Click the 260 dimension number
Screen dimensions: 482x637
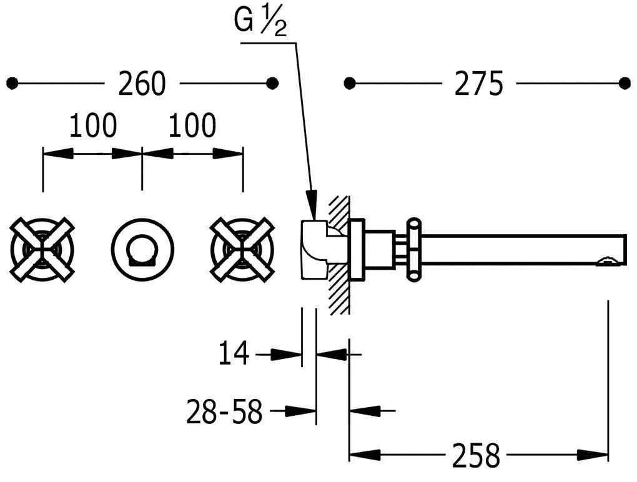coord(142,84)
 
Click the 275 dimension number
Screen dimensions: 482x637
coord(478,84)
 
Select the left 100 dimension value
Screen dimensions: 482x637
coord(92,126)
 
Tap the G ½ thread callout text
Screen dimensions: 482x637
coord(260,23)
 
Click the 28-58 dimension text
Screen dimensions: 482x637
coord(224,411)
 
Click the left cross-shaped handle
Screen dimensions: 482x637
coord(42,248)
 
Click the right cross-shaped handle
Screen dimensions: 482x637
coord(242,248)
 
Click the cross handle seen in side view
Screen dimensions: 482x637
coord(413,248)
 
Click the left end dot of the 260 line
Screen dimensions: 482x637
coord(12,83)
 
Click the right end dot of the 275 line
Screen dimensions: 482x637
coord(624,83)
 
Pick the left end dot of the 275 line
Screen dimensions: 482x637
coord(349,83)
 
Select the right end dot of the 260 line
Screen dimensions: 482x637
coord(272,83)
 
